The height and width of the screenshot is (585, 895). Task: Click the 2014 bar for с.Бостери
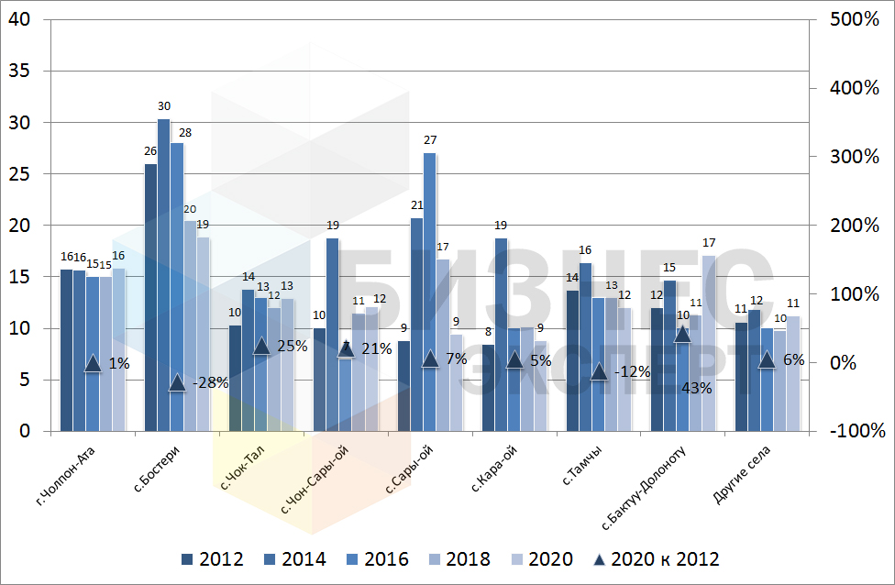[x=164, y=275]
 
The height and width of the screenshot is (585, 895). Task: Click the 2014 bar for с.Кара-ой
[x=501, y=334]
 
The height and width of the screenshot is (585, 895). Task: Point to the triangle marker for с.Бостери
[x=178, y=382]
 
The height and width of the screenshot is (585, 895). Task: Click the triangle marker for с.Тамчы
[x=599, y=371]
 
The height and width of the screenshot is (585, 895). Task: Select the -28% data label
[x=212, y=383]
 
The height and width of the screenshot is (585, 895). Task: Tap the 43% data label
[x=697, y=388]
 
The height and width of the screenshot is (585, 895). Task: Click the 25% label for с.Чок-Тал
[x=293, y=347]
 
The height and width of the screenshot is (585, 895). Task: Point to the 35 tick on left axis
[x=19, y=72]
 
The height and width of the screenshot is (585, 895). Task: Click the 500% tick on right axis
[x=854, y=20]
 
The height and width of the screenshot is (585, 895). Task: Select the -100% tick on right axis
[x=854, y=431]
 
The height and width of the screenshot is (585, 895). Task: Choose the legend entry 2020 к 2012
[x=655, y=559]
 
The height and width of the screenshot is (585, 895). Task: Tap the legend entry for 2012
[x=212, y=559]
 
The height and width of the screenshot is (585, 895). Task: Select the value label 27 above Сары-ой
[x=429, y=140]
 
